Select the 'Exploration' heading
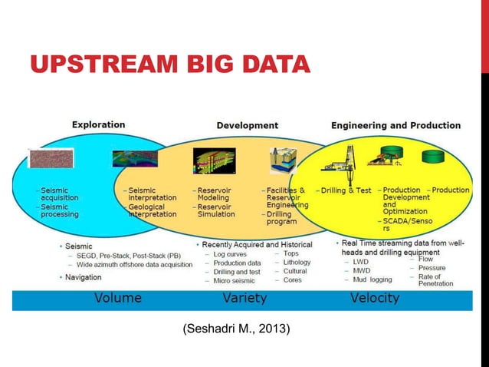(98, 124)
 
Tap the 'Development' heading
(247, 125)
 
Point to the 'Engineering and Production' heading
(395, 125)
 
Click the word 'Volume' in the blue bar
(117, 298)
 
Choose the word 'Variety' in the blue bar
(244, 298)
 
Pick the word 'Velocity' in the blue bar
(374, 298)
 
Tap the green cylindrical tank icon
(434, 157)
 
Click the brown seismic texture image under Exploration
(51, 157)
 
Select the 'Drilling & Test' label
(346, 190)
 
